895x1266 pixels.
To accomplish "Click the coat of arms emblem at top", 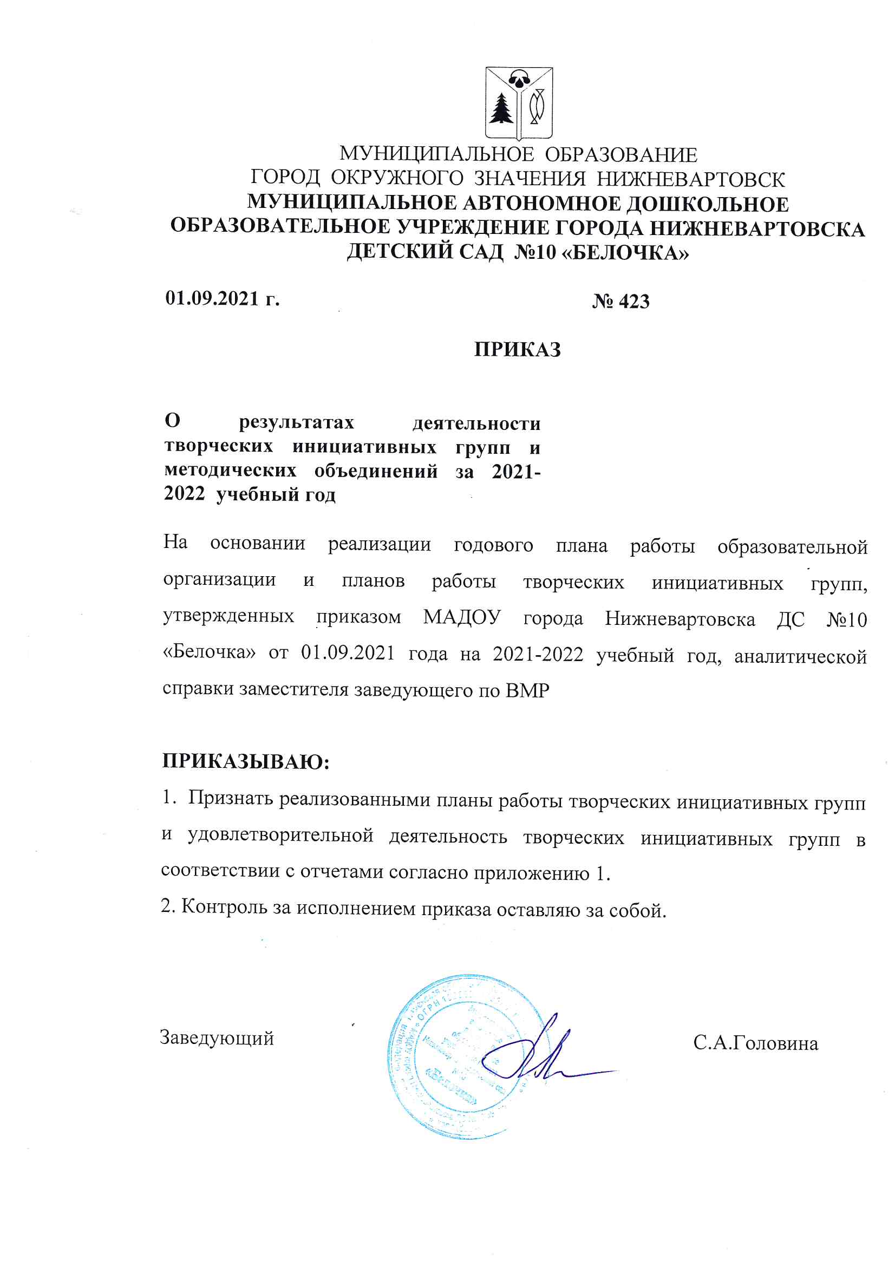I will [518, 103].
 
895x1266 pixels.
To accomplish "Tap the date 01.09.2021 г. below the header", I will [222, 299].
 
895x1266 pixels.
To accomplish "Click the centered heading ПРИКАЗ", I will [517, 350].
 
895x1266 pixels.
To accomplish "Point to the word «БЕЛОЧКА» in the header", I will [628, 252].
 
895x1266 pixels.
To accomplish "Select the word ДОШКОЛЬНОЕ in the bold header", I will [708, 204].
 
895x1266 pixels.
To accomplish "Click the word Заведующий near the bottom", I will [217, 1037].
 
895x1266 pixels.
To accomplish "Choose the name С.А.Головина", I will [755, 1043].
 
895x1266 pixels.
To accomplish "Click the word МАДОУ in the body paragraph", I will [461, 617].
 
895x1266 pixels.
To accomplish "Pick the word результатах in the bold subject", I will [296, 422].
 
